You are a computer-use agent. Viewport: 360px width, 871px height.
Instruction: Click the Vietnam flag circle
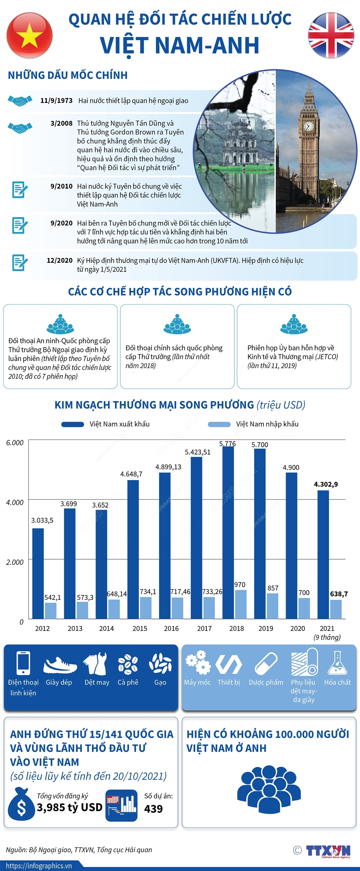[29, 35]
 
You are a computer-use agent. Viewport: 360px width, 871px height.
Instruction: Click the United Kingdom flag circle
[331, 35]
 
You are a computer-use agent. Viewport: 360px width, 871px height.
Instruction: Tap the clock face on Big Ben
[308, 126]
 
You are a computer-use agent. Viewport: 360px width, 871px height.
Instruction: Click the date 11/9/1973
[56, 101]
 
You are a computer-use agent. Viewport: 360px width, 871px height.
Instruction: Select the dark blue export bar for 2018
[228, 533]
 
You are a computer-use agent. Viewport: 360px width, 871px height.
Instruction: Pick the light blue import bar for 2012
[51, 610]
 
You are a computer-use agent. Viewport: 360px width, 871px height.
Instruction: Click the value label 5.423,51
[197, 452]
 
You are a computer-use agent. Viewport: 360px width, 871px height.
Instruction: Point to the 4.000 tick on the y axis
[15, 502]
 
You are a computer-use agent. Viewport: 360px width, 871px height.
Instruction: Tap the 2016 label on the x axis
[171, 628]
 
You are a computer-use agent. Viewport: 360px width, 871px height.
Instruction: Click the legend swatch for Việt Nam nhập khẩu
[219, 424]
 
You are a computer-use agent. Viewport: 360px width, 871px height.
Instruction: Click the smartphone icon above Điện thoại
[23, 663]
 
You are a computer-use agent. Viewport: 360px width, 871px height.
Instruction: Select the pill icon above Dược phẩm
[266, 663]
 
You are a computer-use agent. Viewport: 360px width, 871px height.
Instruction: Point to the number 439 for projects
[154, 809]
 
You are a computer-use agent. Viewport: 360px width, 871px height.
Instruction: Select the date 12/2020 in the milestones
[59, 260]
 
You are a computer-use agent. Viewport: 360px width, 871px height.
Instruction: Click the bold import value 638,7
[339, 594]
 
